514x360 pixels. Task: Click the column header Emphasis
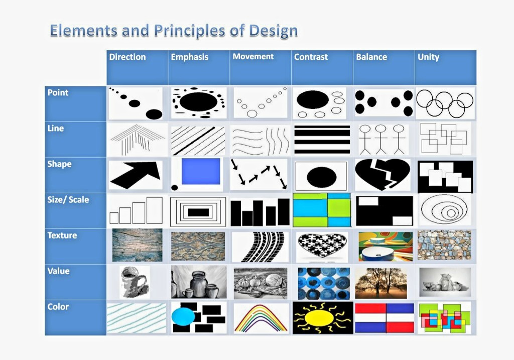point(189,57)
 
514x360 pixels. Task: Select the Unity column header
point(428,57)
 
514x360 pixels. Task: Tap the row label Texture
point(62,235)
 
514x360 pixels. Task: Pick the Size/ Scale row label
point(68,200)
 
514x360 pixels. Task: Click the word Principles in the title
point(189,31)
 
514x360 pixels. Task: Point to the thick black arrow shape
point(136,174)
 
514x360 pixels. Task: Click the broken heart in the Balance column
point(382,174)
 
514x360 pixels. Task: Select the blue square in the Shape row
point(201,172)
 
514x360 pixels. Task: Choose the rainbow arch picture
point(261,318)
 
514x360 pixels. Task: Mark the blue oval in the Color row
point(183,317)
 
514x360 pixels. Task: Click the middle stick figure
point(380,139)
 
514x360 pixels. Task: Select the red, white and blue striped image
point(384,318)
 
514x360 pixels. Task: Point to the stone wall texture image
point(444,245)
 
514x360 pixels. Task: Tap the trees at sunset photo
point(380,283)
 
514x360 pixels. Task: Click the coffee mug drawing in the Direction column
point(134,282)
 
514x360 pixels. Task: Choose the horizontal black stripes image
point(322,140)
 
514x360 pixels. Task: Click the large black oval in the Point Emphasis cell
point(198,101)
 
